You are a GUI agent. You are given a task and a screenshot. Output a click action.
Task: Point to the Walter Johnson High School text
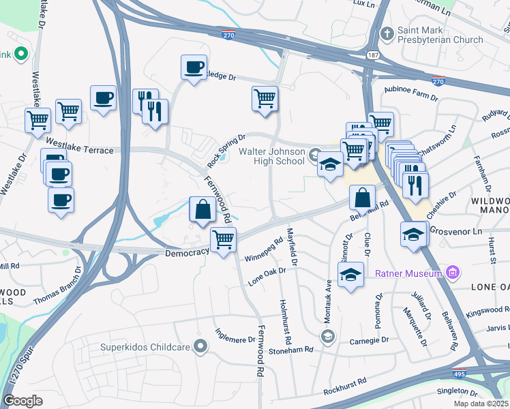coord(271,156)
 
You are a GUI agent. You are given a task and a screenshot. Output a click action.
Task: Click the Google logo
coord(23,401)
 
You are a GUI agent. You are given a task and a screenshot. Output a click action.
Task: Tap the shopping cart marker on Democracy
coord(223,241)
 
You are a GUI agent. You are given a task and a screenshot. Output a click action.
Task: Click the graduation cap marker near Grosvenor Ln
coord(413,234)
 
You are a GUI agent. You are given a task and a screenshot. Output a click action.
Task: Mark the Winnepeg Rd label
coord(263,249)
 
